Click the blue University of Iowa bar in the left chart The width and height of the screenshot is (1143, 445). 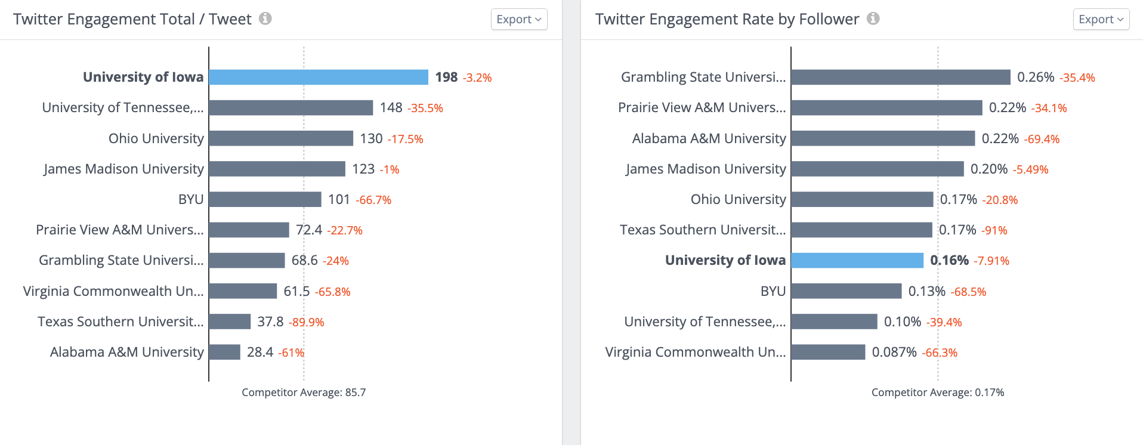tap(318, 77)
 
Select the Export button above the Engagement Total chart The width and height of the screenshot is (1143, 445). tap(518, 19)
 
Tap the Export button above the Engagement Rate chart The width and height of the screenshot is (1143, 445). tap(1101, 19)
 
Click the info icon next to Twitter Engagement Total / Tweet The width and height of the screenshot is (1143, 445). tap(265, 18)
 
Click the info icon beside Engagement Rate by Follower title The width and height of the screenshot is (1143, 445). tap(873, 18)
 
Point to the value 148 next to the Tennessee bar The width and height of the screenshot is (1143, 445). tap(391, 108)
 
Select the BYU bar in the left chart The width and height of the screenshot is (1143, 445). tap(265, 199)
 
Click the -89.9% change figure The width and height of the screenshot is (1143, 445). tap(306, 322)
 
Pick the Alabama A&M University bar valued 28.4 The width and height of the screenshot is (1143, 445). tap(224, 352)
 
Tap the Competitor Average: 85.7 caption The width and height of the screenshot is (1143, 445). tap(304, 393)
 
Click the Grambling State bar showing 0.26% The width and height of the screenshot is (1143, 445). tap(900, 77)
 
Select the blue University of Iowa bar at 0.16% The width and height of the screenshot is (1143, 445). tap(857, 260)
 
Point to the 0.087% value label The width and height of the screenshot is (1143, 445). tap(894, 353)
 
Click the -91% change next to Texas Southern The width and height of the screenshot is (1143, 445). tap(994, 230)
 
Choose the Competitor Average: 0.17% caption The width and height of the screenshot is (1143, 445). tap(937, 393)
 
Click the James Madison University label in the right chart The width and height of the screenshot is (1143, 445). tap(706, 169)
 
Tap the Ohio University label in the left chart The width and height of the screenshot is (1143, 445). tap(156, 138)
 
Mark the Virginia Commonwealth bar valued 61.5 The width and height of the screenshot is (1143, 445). tap(243, 291)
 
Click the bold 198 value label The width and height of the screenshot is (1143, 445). tap(446, 77)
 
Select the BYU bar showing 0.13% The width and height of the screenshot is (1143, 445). tap(846, 291)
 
